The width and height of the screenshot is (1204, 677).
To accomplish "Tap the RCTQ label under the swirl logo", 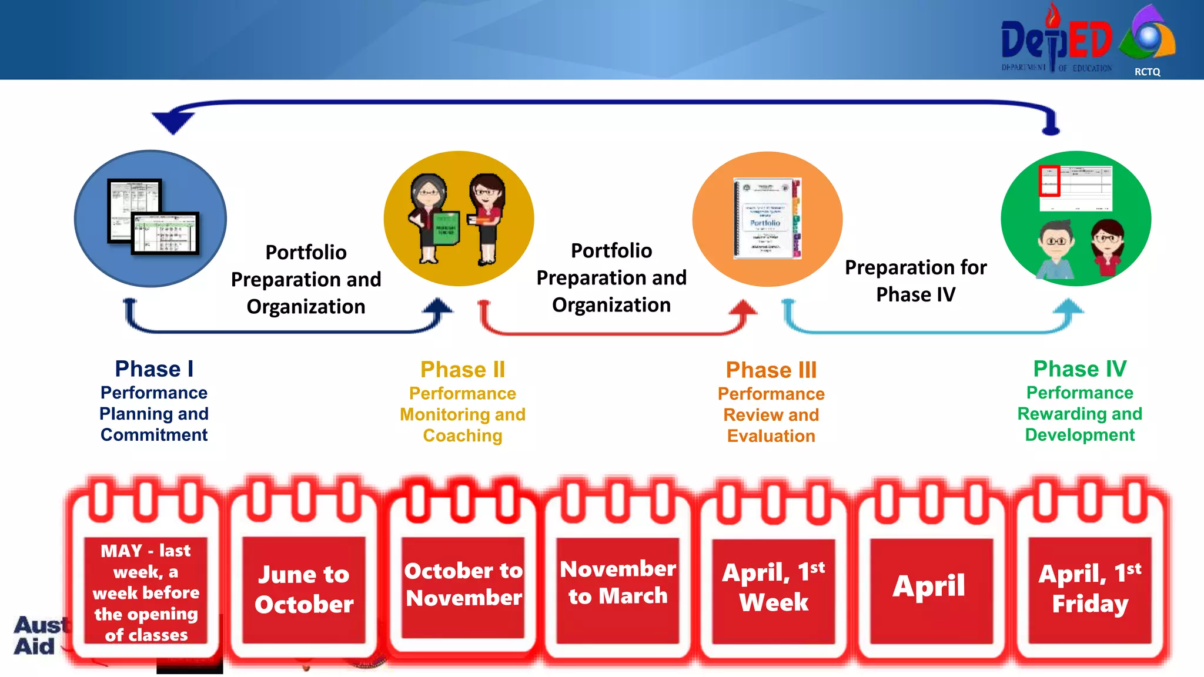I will [x=1147, y=72].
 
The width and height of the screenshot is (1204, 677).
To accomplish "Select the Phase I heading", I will [x=154, y=369].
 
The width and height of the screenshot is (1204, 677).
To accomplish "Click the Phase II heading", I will [x=463, y=370].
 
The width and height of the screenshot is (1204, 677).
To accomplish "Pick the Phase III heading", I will [x=771, y=370].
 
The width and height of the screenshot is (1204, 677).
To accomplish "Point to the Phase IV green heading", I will [x=1079, y=369].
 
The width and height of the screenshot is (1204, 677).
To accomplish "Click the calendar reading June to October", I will [x=304, y=589].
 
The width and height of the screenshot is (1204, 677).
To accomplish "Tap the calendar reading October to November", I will [x=463, y=585].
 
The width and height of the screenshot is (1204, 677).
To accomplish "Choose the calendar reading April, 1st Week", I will [x=774, y=588].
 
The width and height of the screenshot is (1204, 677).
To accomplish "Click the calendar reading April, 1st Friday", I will [x=1090, y=589].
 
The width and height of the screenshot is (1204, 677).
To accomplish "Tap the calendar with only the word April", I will [x=929, y=586].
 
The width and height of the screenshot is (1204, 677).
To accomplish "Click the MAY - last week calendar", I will [x=146, y=592].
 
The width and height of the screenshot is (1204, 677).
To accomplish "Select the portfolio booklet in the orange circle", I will [x=767, y=219].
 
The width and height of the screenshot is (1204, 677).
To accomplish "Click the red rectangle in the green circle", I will [x=1049, y=181].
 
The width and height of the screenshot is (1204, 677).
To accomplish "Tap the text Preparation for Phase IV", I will [x=915, y=281].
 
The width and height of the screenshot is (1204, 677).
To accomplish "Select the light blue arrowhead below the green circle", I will [x=1068, y=307].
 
